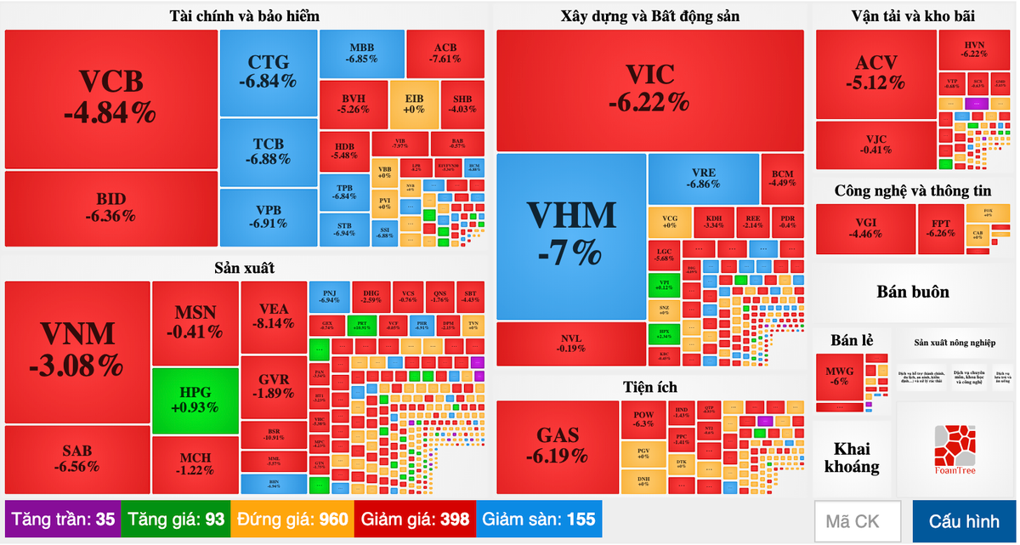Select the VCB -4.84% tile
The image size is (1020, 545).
[x=111, y=98]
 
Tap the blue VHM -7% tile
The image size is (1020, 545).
[x=571, y=235]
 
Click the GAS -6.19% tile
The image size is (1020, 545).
[x=558, y=445]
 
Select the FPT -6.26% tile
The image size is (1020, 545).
[x=941, y=229]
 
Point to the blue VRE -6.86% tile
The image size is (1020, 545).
[x=703, y=178]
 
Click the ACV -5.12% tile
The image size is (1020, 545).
[x=875, y=73]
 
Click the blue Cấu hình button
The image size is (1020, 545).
[x=964, y=520]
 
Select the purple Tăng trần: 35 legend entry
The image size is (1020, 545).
[x=63, y=519]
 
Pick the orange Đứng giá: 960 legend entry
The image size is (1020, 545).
[x=292, y=519]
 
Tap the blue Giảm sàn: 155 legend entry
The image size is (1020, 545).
[x=539, y=519]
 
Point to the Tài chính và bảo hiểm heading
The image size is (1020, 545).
[x=244, y=16]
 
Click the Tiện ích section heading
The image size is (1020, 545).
[x=650, y=387]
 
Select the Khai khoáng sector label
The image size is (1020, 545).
[x=851, y=458]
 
